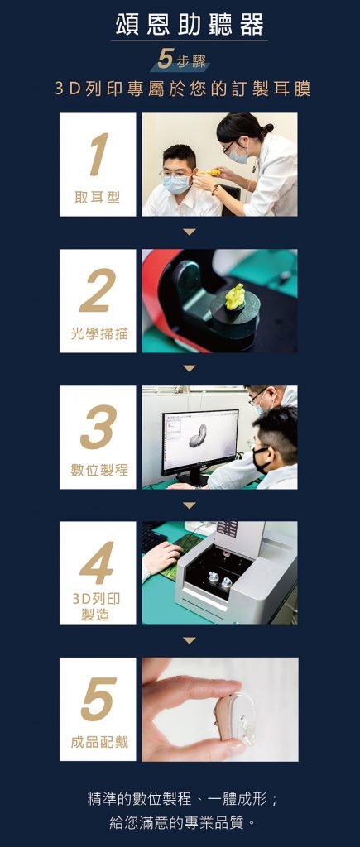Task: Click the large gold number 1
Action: (98, 155)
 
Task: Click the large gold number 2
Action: (98, 291)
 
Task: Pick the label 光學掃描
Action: (98, 334)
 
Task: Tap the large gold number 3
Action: (98, 428)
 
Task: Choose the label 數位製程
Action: (98, 470)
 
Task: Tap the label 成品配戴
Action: (98, 742)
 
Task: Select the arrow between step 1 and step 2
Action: (190, 232)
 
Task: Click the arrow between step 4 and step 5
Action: (190, 640)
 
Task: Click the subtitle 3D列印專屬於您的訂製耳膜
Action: (183, 89)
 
